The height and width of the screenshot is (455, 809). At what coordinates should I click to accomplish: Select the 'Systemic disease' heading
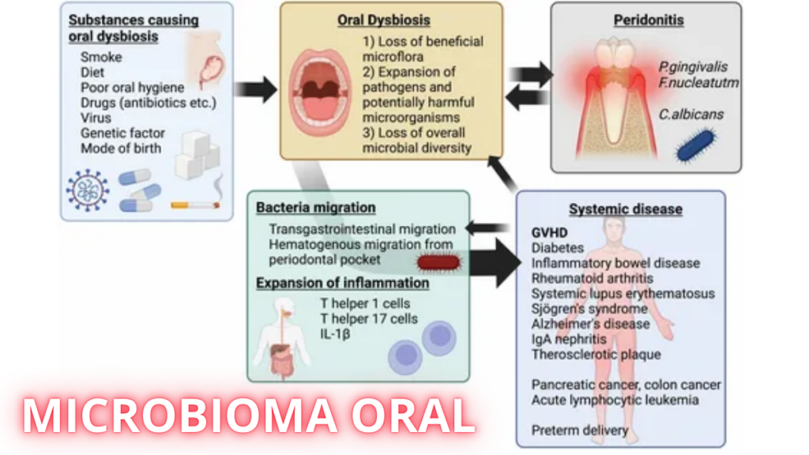(626, 209)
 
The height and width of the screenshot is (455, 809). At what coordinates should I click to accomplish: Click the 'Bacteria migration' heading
(315, 208)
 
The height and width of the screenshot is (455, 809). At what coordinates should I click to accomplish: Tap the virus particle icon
(88, 190)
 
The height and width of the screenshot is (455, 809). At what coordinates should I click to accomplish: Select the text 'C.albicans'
(690, 114)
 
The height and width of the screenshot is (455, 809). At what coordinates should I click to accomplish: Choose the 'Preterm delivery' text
(580, 431)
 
